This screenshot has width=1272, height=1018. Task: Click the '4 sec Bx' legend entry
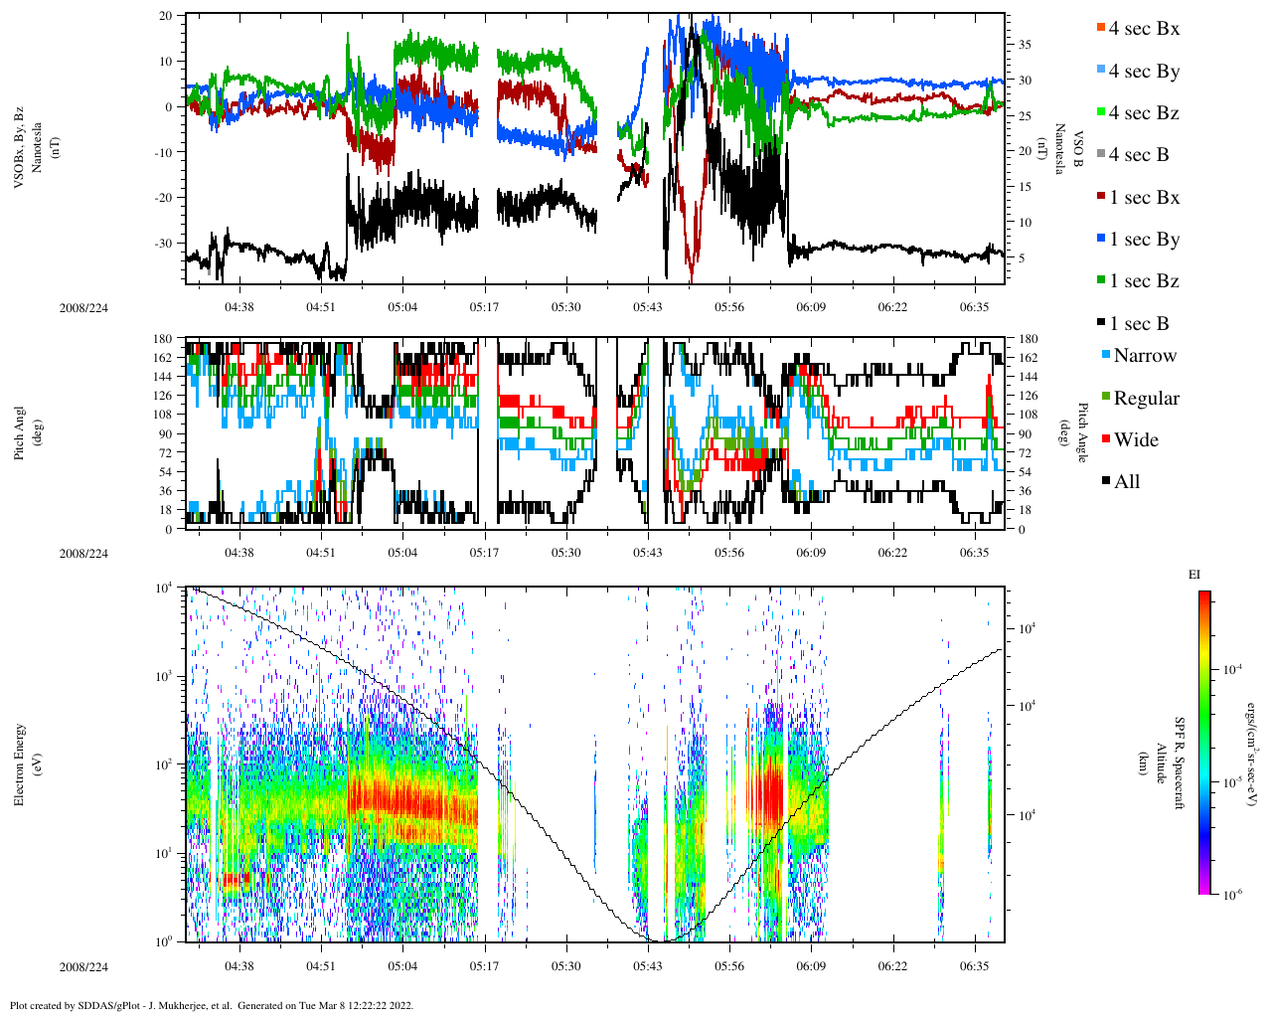coord(1144,29)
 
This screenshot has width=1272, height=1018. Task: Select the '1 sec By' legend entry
coord(1144,240)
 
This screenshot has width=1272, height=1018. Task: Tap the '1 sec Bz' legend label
coord(1144,281)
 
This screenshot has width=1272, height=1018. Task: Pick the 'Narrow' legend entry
coord(1144,356)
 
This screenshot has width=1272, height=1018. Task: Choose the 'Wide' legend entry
coord(1136,440)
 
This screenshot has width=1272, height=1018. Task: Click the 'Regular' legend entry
coord(1146,399)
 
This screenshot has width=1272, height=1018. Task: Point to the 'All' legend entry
coord(1126,482)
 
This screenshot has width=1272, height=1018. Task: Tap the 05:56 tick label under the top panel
coord(728,307)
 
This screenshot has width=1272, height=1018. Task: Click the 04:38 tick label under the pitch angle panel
coord(238,553)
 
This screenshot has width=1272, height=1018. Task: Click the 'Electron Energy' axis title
coord(20,763)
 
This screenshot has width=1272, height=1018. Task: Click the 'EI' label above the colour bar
coord(1194,575)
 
